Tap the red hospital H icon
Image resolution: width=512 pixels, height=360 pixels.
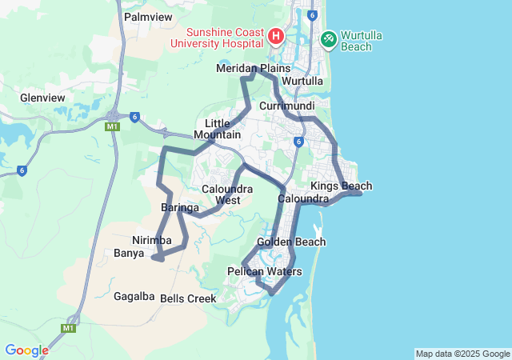[x=276, y=37]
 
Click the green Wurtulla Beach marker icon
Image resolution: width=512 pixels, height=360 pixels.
[x=329, y=38]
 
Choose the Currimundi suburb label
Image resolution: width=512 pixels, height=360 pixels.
[x=286, y=106]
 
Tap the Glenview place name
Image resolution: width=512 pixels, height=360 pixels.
[x=42, y=98]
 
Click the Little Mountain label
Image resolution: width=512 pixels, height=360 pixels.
[x=218, y=129]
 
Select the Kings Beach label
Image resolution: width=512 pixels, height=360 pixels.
[x=341, y=186]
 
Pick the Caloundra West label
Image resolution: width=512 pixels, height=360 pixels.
[x=227, y=194]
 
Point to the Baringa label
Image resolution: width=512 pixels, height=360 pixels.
[x=180, y=208]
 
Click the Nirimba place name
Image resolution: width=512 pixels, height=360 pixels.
[x=152, y=240]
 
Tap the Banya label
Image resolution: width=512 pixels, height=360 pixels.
[x=129, y=254]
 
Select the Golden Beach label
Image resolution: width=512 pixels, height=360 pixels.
[x=291, y=242]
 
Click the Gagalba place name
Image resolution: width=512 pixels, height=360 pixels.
[x=134, y=295]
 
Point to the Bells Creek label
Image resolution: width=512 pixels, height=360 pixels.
[x=188, y=298]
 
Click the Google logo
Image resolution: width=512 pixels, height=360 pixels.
[x=26, y=350]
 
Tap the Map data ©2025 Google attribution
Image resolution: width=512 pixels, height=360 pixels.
[x=462, y=354]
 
